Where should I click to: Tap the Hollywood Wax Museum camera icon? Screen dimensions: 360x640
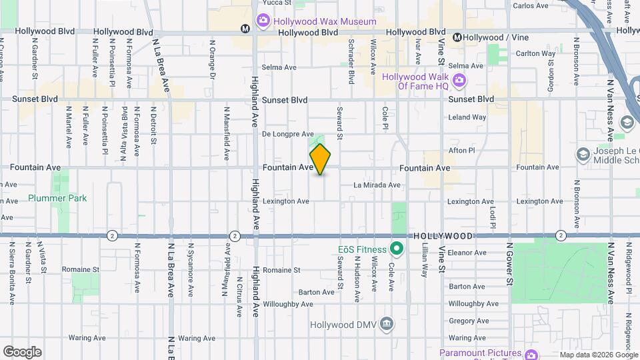263,21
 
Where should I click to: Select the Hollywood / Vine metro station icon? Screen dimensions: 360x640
457,37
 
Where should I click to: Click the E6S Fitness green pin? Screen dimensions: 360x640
397,251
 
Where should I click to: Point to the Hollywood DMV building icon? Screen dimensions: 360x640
387,325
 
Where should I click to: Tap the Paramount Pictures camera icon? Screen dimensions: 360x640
531,354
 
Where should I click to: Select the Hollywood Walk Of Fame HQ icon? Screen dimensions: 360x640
459,81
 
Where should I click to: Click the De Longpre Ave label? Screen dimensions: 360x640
287,134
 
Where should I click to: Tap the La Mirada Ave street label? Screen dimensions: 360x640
377,185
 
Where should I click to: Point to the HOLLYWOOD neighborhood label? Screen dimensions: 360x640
443,236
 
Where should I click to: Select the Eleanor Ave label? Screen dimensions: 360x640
467,253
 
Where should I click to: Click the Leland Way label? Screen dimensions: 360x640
467,117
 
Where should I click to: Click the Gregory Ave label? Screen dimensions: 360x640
469,321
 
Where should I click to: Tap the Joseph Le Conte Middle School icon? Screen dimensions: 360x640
583,155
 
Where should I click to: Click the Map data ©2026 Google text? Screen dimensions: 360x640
599,355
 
